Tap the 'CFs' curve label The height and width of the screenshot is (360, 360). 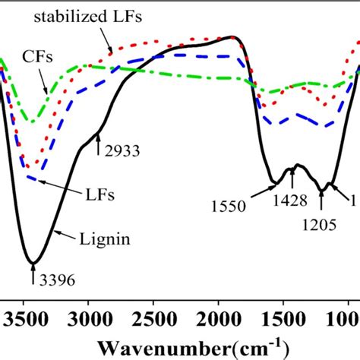click(x=30, y=57)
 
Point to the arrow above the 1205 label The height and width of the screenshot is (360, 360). click(x=321, y=202)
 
